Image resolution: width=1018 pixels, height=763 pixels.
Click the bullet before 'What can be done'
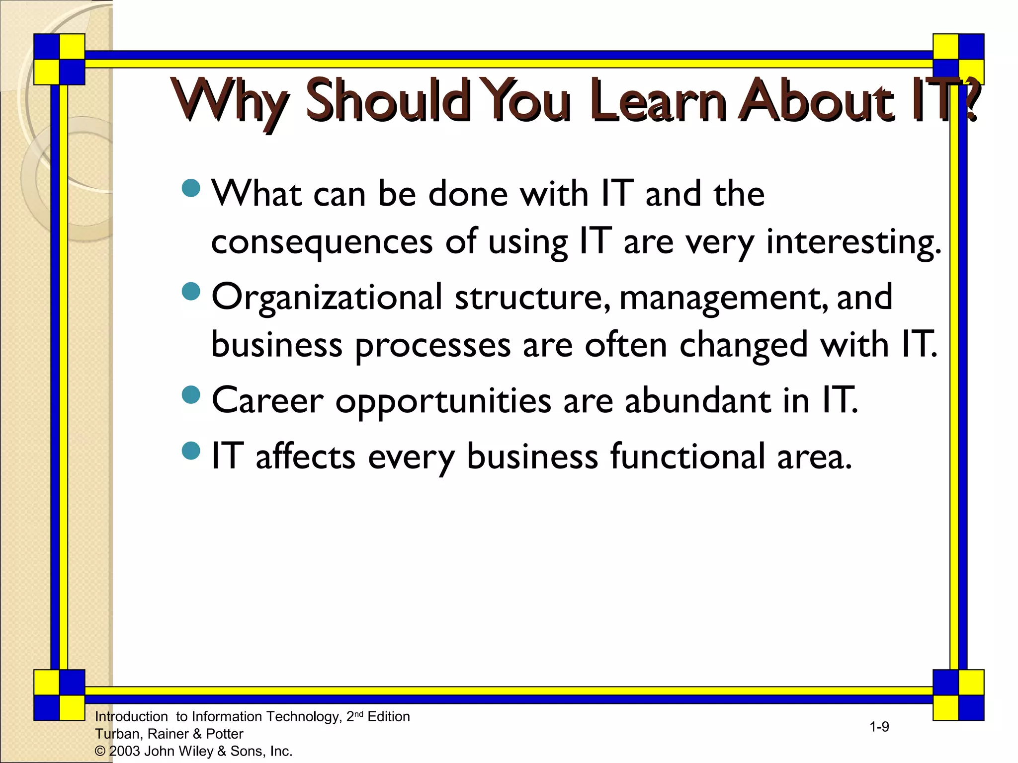pyautogui.click(x=191, y=188)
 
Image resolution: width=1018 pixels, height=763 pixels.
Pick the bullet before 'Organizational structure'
pyautogui.click(x=191, y=292)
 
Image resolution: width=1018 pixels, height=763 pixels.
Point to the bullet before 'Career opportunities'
pyautogui.click(x=191, y=395)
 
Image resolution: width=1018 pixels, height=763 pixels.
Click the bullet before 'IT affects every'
pyautogui.click(x=191, y=451)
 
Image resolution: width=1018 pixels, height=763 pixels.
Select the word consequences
pyautogui.click(x=322, y=242)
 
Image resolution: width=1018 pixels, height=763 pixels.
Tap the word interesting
pyautogui.click(x=853, y=242)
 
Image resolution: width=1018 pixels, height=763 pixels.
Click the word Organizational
pyautogui.click(x=327, y=297)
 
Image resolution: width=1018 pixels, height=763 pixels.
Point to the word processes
pyautogui.click(x=432, y=346)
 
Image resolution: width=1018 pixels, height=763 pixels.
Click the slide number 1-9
pyautogui.click(x=879, y=727)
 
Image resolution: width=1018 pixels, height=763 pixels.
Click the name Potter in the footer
pyautogui.click(x=225, y=734)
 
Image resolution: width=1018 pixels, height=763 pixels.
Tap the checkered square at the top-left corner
pyautogui.click(x=60, y=59)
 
